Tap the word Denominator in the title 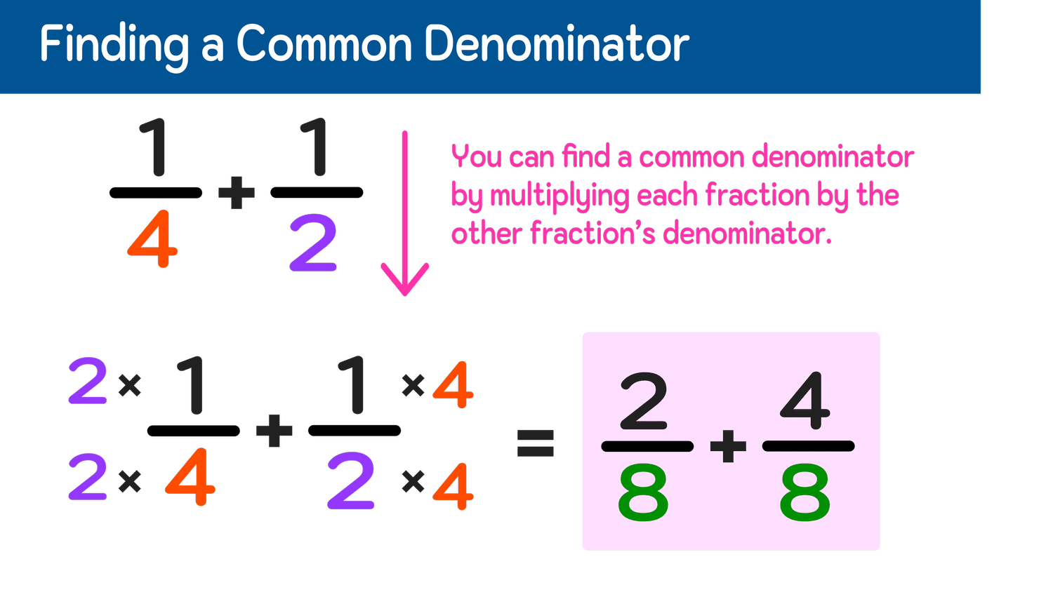point(557,44)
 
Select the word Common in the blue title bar point(324,44)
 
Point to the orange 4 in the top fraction point(153,243)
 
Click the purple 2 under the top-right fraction point(313,244)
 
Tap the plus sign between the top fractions point(237,193)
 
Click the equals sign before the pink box point(536,443)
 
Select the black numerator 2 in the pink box point(644,401)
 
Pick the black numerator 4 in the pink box point(805,401)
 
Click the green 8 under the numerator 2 point(643,495)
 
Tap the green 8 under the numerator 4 point(804,495)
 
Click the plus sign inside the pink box point(728,446)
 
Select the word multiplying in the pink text point(559,196)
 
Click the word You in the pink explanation point(475,156)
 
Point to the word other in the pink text point(486,234)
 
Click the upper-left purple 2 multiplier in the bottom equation point(88,382)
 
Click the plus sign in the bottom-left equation point(274,430)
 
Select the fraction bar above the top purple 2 point(317,192)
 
